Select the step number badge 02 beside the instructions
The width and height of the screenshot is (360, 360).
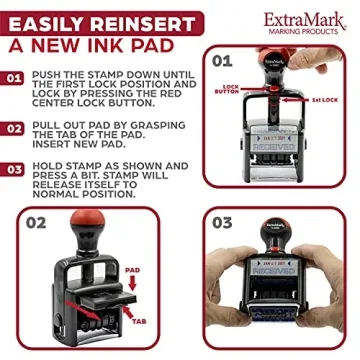14,128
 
